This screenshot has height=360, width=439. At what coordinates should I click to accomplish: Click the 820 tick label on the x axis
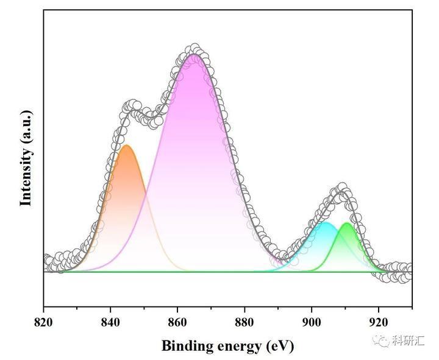43,322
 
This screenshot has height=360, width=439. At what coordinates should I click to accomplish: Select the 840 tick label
110,322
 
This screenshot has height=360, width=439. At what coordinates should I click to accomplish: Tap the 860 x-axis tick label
177,322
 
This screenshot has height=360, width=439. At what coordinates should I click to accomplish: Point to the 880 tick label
244,322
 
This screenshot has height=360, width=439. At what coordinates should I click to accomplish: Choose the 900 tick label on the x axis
312,322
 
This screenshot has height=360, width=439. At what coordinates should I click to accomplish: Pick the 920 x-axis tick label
379,322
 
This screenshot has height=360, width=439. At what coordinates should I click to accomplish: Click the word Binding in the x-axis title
188,346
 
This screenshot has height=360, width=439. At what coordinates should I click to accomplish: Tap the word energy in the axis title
240,347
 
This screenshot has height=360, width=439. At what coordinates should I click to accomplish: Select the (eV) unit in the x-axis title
279,347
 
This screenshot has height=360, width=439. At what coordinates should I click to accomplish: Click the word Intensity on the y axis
26,177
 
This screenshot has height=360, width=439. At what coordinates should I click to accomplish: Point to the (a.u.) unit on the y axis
26,126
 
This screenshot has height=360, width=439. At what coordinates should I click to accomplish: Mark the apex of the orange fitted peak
127,145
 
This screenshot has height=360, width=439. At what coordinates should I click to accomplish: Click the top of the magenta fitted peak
193,54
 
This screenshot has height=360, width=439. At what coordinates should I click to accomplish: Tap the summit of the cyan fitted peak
325,222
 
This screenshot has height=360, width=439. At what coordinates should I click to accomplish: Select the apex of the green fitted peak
347,223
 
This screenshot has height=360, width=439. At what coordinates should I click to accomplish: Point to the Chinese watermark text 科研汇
408,341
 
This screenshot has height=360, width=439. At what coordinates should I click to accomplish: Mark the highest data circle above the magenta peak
195,48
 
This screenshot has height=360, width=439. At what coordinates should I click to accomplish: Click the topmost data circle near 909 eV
342,187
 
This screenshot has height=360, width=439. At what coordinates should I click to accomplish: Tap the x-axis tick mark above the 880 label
244,309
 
